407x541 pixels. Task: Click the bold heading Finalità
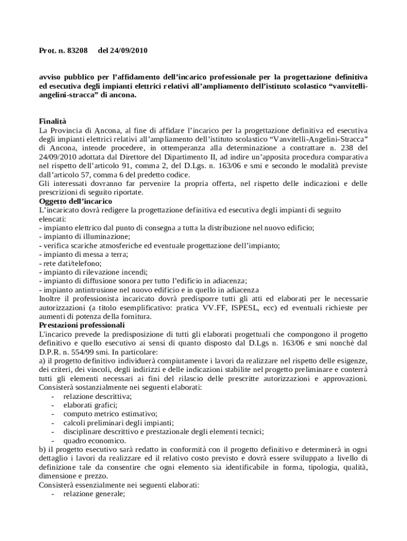click(x=53, y=121)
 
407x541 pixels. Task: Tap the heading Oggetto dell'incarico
click(x=76, y=201)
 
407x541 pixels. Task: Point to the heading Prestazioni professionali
click(x=82, y=325)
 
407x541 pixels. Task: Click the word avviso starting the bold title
click(x=50, y=77)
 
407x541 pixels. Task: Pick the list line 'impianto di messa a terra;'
click(x=84, y=254)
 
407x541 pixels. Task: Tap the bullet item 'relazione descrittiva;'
click(x=97, y=396)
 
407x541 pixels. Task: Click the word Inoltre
click(x=51, y=299)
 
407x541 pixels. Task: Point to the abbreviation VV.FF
click(x=224, y=307)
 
